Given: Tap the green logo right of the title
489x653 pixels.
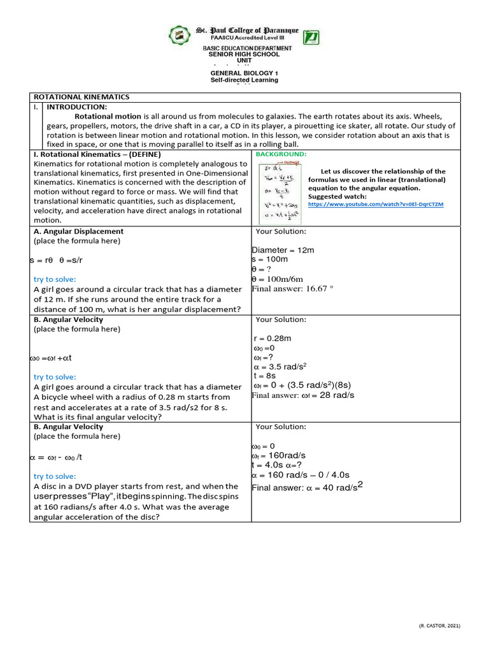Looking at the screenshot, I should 311,37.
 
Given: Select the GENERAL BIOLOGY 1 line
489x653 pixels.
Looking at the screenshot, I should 244,74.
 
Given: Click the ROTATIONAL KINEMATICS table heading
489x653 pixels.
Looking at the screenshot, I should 81,97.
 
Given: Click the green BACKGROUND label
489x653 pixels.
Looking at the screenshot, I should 281,154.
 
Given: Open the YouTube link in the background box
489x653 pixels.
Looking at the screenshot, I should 376,204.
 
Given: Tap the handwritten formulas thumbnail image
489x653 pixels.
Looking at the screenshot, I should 280,191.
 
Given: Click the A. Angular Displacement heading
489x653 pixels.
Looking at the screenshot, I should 78,231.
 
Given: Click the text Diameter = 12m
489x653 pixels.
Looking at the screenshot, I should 283,250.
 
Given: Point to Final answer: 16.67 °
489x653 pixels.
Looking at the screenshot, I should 293,288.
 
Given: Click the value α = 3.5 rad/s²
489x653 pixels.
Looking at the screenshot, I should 280,367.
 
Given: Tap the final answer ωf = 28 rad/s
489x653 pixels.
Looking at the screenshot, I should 303,395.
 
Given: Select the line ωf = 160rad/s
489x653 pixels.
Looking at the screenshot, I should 279,455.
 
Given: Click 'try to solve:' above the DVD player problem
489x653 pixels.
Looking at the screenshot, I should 54,476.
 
